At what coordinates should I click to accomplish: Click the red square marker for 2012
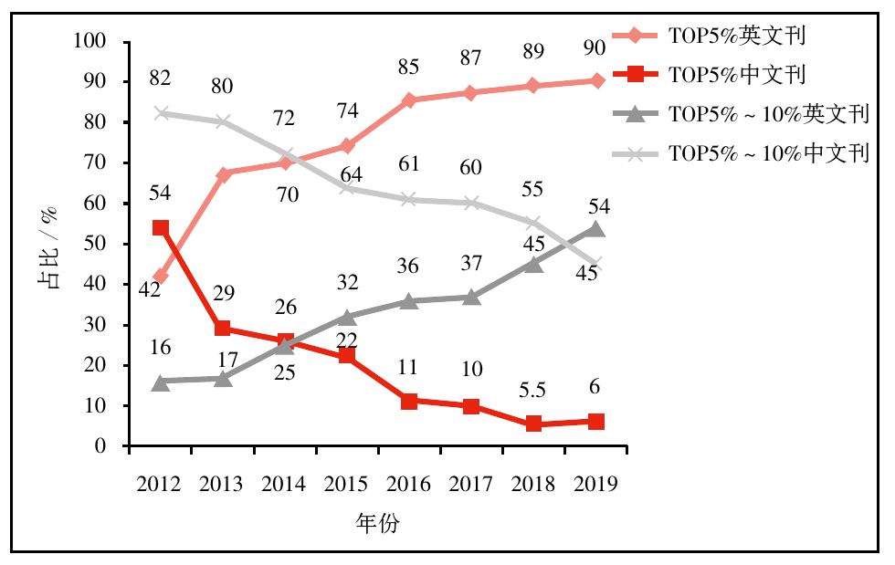161,228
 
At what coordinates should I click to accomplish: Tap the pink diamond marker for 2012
161,276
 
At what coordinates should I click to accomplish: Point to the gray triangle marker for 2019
596,229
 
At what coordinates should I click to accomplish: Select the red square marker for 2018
534,424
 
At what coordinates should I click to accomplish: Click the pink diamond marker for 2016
409,100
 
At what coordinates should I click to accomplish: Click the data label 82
161,79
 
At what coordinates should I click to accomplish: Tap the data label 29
223,293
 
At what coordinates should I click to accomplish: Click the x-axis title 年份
377,524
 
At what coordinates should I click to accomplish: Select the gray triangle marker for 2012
161,382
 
